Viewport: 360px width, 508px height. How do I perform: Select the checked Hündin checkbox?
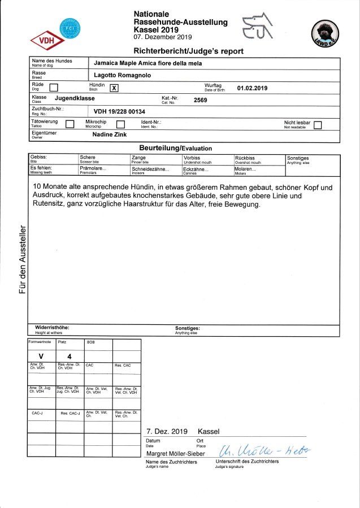[x=114, y=88]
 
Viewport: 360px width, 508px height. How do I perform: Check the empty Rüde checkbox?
[x=54, y=88]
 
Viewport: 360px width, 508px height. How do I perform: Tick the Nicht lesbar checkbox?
[x=317, y=125]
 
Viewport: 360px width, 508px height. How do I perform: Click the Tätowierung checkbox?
[x=70, y=124]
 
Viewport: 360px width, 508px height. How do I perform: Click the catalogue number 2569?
[x=201, y=99]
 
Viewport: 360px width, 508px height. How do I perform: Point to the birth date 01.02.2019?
[x=252, y=88]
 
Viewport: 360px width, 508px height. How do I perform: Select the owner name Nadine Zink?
[x=110, y=135]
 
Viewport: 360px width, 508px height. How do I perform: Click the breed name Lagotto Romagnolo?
[x=123, y=75]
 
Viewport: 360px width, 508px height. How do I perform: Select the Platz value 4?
[x=69, y=357]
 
